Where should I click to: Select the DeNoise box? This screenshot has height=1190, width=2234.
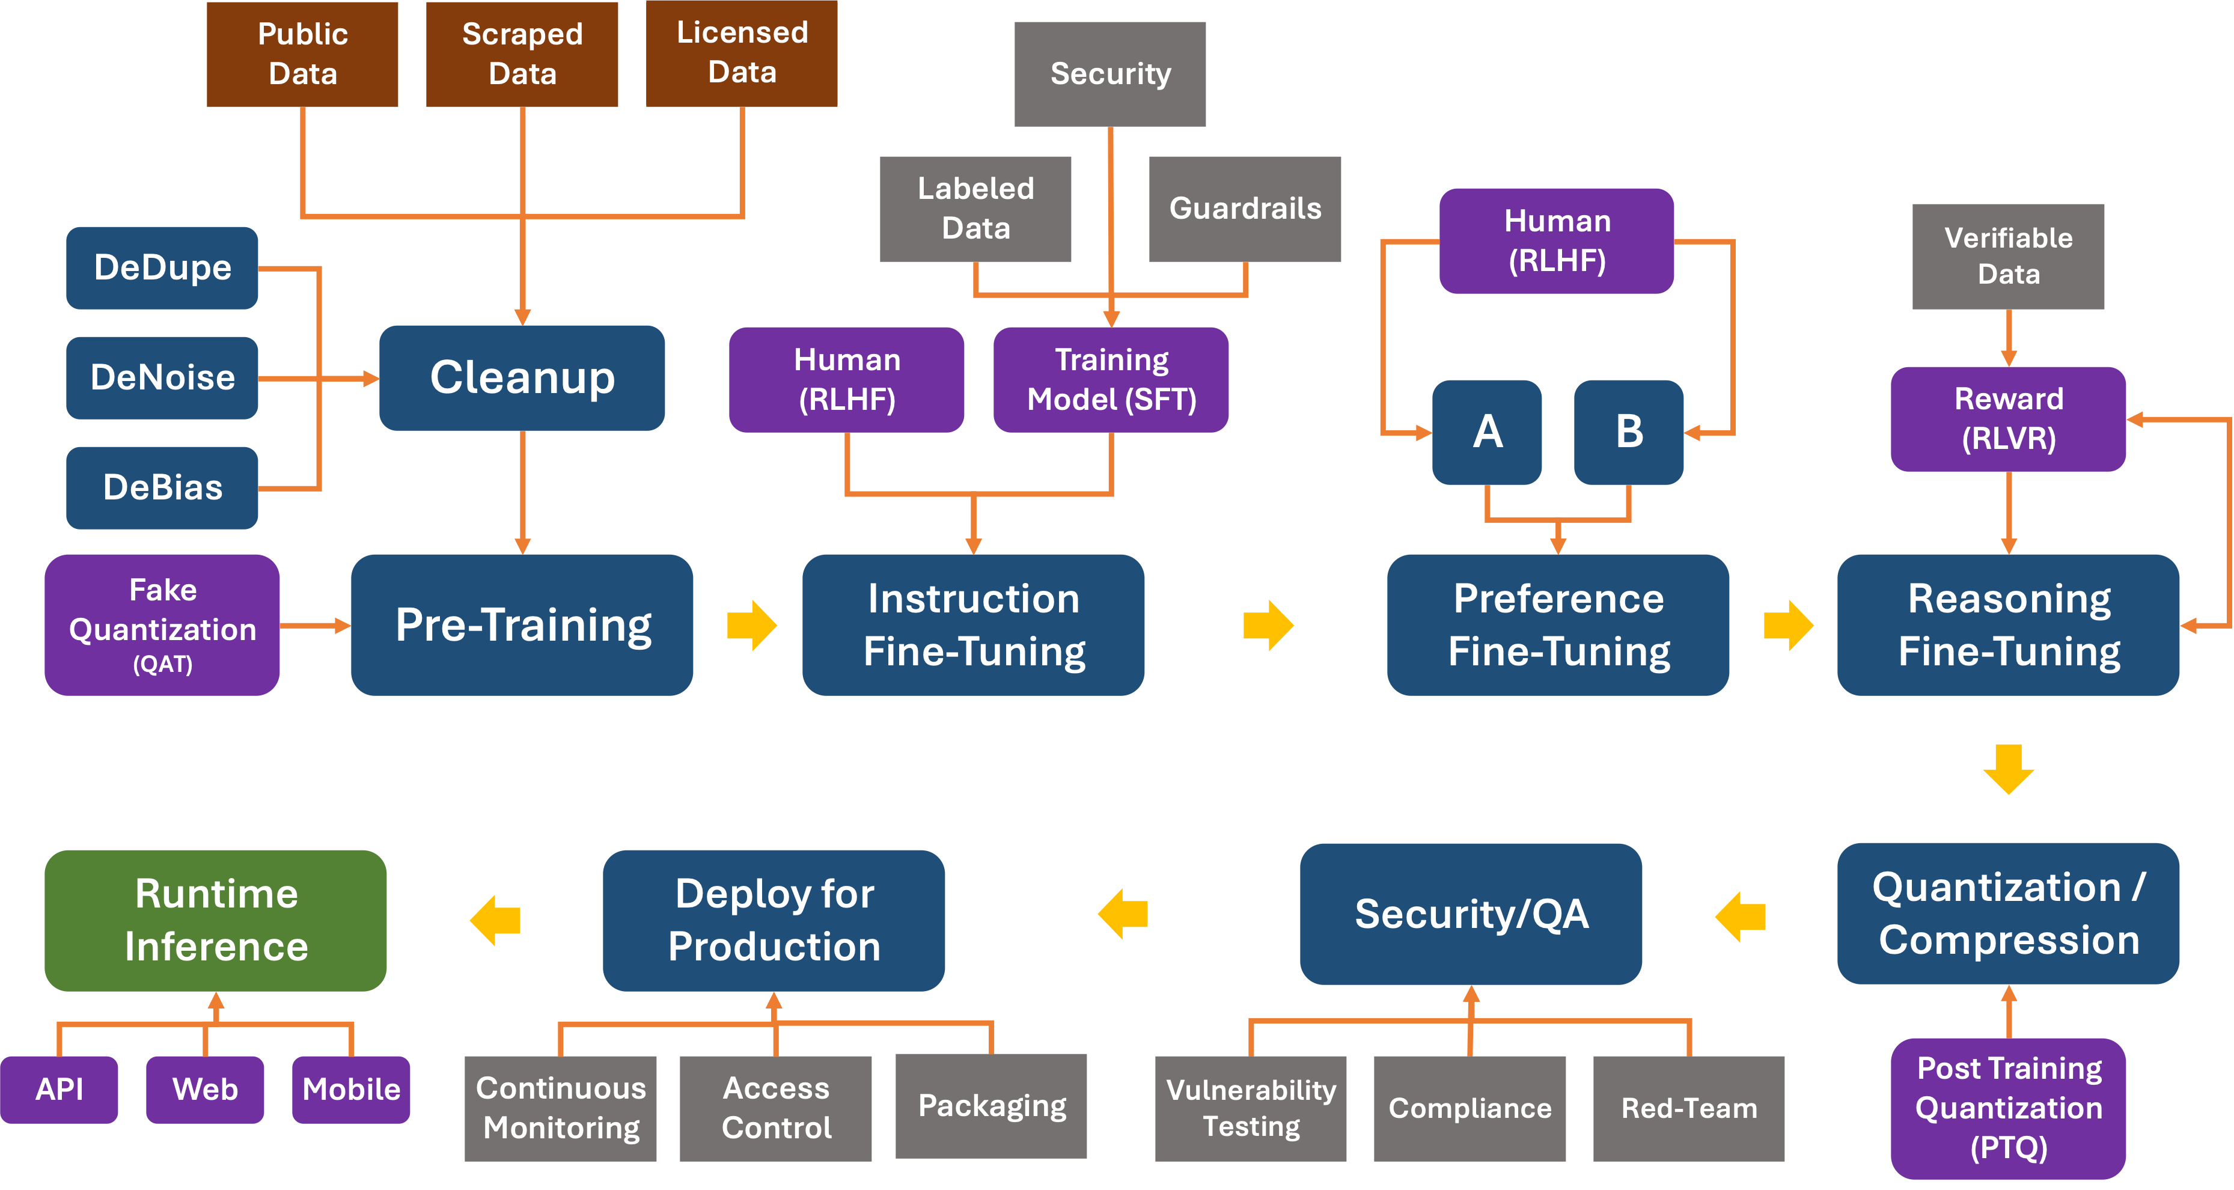162,377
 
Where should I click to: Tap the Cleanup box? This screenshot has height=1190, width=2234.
522,377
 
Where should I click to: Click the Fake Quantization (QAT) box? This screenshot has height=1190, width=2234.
162,624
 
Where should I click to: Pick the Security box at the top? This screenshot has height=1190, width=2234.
1109,74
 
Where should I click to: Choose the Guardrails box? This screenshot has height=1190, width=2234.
1245,208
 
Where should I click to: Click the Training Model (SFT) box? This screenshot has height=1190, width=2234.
1110,379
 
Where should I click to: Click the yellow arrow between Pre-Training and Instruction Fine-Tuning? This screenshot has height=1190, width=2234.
752,624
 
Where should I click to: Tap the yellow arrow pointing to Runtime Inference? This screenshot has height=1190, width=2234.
495,920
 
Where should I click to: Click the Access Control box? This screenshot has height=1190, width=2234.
775,1108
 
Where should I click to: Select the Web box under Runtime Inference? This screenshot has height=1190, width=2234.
205,1090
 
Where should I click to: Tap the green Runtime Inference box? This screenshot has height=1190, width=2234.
215,920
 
